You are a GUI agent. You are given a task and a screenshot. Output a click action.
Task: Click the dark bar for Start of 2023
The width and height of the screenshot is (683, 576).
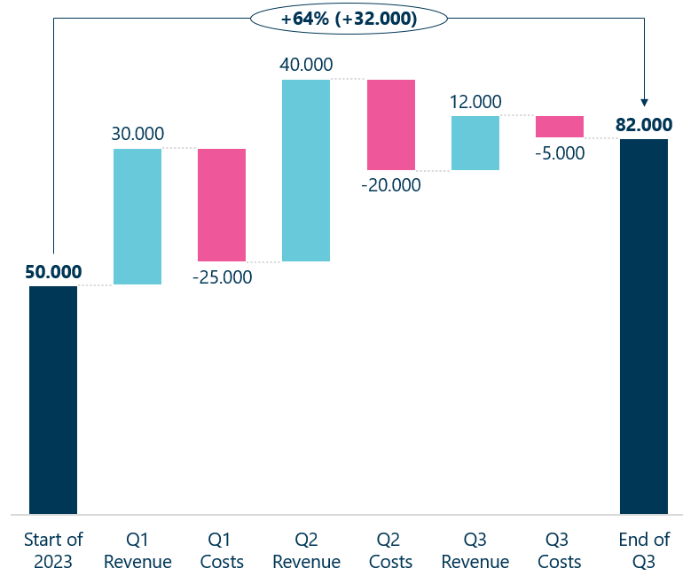coord(53,400)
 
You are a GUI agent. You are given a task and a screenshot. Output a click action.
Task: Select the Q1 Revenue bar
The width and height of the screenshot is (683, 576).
coord(137,216)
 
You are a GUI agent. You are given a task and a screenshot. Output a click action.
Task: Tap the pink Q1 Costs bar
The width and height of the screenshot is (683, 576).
coord(222,205)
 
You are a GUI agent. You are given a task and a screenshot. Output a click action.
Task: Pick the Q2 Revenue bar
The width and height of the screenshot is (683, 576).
coord(306,170)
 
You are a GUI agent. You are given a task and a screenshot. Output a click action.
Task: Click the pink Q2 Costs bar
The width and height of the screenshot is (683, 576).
coord(391,124)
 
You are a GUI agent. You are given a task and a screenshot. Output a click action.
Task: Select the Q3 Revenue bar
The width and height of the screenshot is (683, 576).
coord(475,143)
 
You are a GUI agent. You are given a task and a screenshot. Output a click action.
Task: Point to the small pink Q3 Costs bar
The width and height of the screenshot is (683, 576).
coord(560,127)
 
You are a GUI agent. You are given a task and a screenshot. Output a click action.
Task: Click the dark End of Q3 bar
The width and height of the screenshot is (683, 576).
coord(644,326)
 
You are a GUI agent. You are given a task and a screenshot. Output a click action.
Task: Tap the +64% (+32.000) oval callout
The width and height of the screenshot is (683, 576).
coord(349,18)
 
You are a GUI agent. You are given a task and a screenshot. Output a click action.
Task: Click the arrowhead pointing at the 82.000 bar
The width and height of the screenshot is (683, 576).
coord(644,103)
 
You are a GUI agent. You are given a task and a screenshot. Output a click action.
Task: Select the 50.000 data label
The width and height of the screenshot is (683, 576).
coord(53,271)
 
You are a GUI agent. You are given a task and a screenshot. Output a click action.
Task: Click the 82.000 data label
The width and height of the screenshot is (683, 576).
coord(644,125)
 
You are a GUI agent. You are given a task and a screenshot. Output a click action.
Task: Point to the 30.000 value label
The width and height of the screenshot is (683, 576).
coord(137,134)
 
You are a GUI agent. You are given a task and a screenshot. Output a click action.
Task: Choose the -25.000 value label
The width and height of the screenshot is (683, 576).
coord(222,277)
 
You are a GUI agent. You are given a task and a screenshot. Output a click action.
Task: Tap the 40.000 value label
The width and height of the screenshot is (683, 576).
coord(306,65)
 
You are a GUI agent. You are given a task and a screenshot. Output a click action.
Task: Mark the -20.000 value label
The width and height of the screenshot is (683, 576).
coord(391,185)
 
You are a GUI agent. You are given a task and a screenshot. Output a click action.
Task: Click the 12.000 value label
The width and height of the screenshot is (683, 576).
coord(475,102)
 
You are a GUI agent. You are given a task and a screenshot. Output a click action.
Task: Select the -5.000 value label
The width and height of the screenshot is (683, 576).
coord(560,152)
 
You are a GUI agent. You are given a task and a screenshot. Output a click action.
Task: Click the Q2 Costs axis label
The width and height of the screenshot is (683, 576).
coord(391,550)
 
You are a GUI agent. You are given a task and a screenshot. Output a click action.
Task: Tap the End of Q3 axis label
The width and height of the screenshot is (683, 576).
coord(644,550)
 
